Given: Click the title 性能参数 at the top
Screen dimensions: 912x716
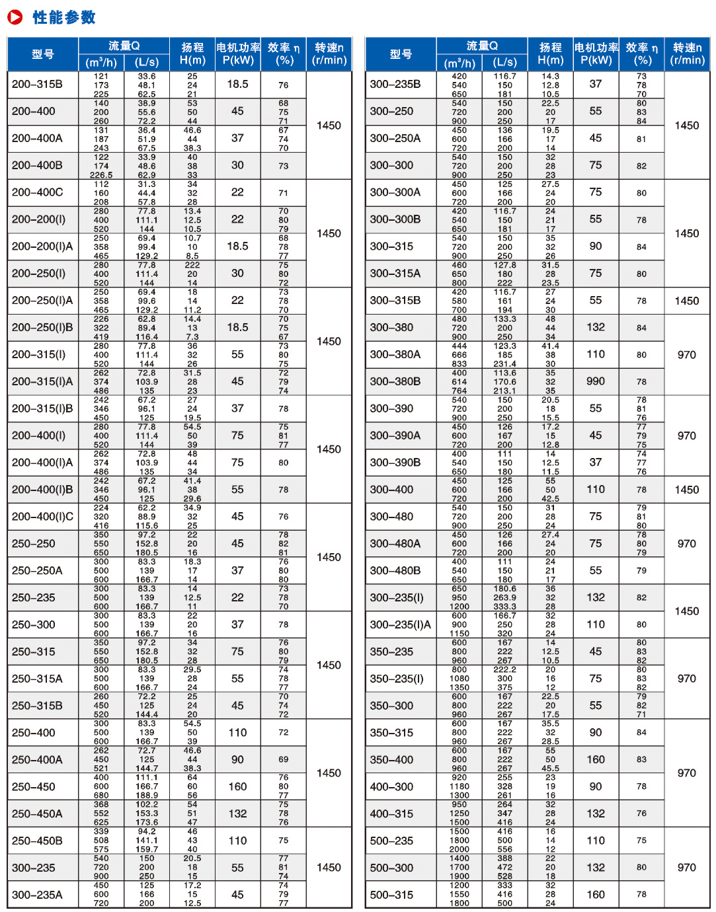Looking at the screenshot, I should click(64, 17).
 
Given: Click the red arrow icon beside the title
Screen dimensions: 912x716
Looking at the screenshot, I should click(15, 17).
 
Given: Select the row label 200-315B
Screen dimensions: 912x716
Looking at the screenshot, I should click(37, 85).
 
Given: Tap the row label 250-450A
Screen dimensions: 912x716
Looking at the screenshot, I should click(37, 814).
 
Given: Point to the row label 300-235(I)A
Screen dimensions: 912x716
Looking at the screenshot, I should click(401, 625).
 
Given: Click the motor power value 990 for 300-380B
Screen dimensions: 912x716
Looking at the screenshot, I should click(596, 381).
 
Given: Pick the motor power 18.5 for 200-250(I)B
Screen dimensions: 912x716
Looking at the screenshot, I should click(237, 327).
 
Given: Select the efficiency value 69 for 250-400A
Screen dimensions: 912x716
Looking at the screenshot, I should click(284, 760).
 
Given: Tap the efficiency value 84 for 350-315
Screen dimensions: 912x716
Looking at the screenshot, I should click(641, 732).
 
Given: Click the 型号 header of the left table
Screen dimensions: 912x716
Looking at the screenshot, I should click(43, 54).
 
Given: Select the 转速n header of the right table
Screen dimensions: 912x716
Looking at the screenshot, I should click(687, 54).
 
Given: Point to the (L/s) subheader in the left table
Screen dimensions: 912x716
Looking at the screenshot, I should click(147, 63).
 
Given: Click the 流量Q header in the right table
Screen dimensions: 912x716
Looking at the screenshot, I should click(482, 46).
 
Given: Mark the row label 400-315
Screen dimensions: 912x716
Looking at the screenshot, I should click(391, 814).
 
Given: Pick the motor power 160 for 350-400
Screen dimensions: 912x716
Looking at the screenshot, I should click(596, 760).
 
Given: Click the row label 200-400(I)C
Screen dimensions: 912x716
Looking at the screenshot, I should click(43, 517).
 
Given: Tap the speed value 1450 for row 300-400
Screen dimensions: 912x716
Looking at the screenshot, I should click(687, 490).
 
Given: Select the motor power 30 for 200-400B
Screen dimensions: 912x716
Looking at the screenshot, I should click(237, 165).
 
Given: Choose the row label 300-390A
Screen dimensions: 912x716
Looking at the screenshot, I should click(395, 436).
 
